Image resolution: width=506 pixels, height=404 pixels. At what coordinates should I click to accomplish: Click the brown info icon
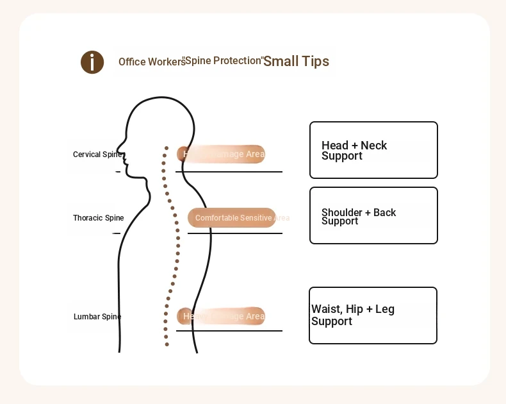coord(92,62)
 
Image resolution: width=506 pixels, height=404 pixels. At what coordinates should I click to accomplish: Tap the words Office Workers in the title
coord(152,62)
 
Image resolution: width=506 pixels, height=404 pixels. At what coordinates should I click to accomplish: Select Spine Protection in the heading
coord(224,61)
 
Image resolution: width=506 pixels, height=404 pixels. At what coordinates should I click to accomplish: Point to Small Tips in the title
coord(296,62)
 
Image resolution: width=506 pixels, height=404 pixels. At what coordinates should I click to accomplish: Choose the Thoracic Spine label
coord(99,218)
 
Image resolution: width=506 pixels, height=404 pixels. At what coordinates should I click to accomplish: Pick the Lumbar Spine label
coord(97,317)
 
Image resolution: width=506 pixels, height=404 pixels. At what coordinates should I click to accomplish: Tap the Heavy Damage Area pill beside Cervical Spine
coord(221,154)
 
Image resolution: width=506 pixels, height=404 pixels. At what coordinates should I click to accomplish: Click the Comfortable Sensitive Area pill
coord(232,218)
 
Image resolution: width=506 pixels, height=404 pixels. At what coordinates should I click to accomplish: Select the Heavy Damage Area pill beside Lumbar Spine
coord(221,316)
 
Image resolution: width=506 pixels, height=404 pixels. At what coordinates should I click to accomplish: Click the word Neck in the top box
coord(374,146)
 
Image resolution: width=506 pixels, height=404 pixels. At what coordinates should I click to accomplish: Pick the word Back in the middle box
coord(385,213)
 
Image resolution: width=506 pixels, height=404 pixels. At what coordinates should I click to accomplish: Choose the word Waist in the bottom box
coord(327,309)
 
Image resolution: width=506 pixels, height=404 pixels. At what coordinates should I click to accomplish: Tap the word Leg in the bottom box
coord(385,309)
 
